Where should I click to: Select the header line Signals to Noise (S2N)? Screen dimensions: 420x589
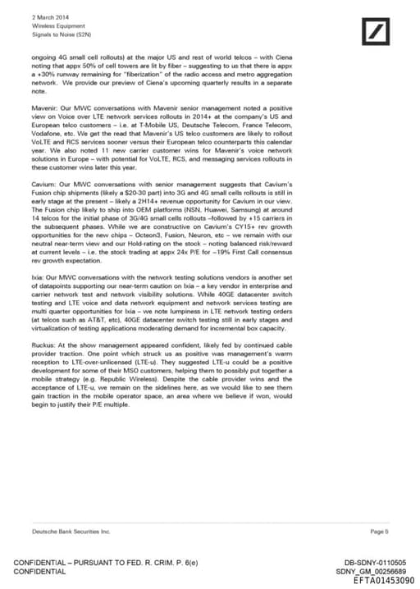coord(57,34)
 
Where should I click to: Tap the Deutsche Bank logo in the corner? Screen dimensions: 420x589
coord(378,32)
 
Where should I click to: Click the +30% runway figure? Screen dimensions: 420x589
coord(52,76)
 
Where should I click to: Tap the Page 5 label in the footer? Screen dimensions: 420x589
coord(380,532)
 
